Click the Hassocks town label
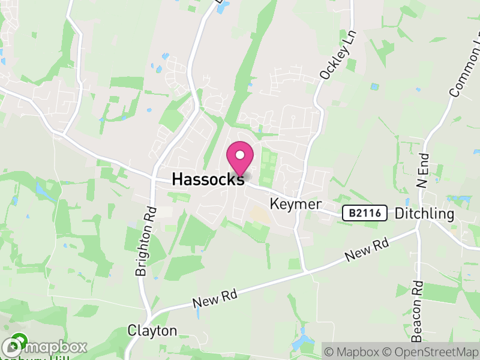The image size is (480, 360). [208, 178]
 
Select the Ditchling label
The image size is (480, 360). [425, 214]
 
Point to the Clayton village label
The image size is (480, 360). [152, 331]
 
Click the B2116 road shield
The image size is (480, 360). [364, 213]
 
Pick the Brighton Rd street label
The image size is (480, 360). [146, 241]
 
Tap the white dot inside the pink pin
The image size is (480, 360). [240, 155]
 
